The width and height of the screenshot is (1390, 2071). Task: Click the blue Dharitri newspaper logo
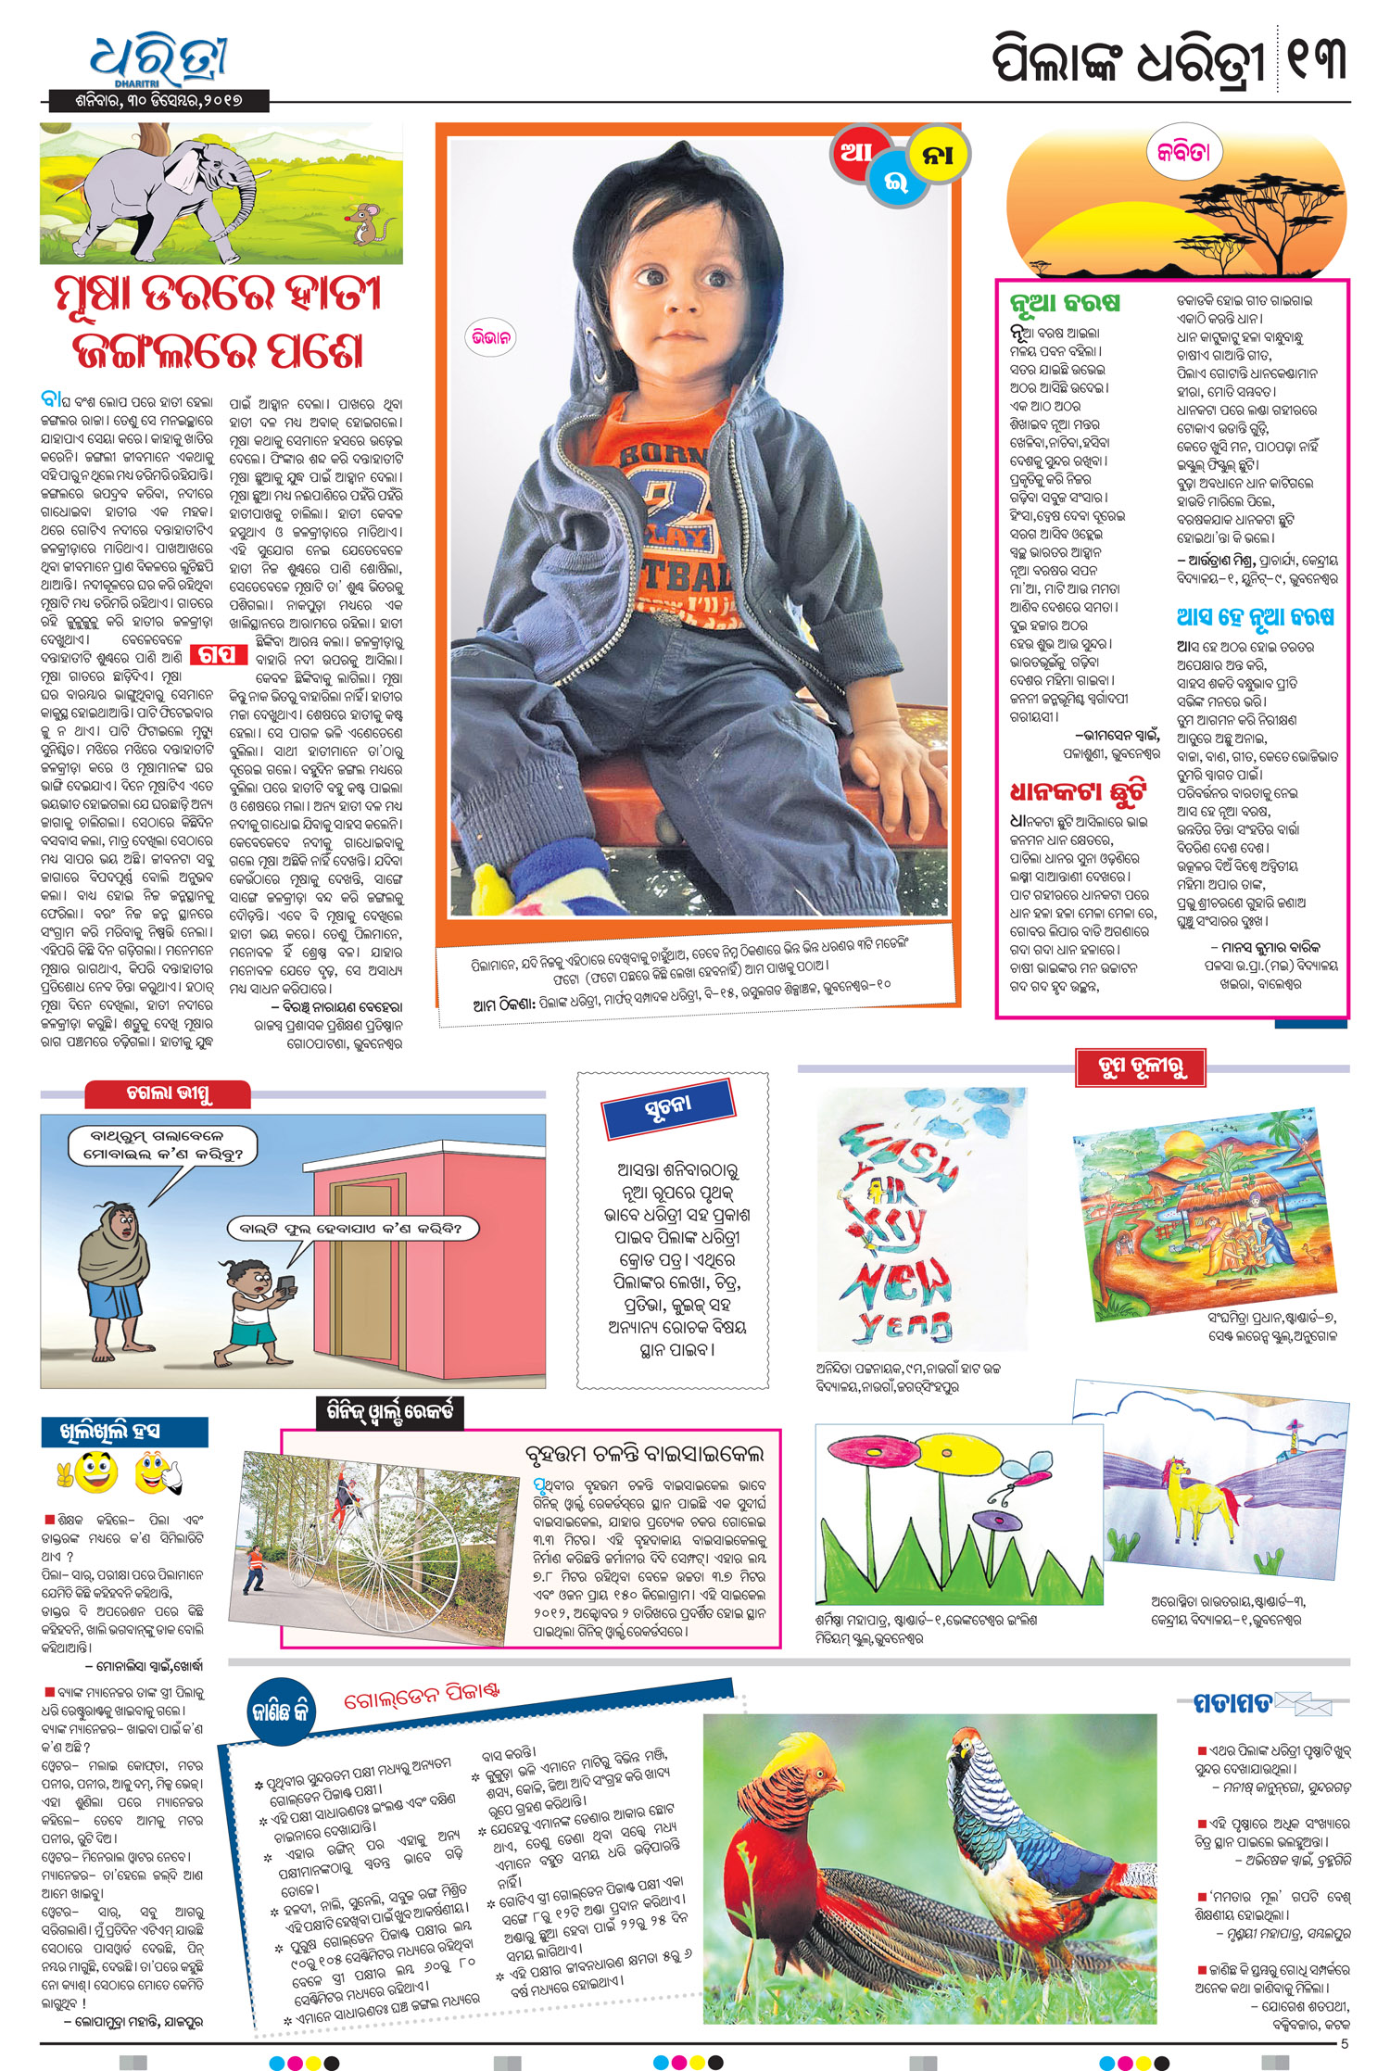point(158,60)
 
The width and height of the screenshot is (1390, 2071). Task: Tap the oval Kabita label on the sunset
point(1182,152)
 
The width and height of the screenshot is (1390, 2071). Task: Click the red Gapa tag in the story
point(218,654)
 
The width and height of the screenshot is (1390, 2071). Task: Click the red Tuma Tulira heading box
point(1141,1067)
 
